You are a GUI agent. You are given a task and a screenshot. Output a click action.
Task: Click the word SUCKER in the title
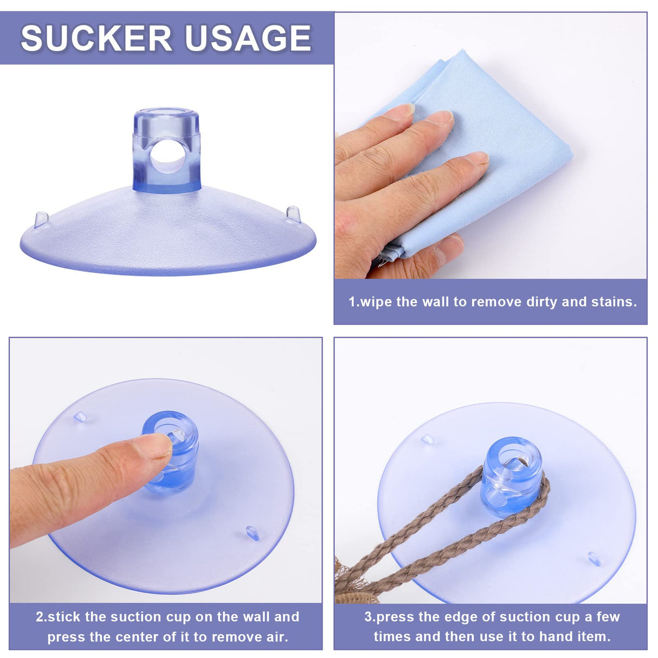pyautogui.click(x=95, y=38)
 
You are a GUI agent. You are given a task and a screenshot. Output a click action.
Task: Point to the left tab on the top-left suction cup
pyautogui.click(x=41, y=219)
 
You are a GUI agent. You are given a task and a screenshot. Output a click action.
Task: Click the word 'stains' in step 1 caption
pyautogui.click(x=617, y=302)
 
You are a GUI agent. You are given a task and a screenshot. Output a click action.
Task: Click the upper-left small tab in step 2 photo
pyautogui.click(x=80, y=417)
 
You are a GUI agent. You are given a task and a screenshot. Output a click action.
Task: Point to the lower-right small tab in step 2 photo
pyautogui.click(x=253, y=532)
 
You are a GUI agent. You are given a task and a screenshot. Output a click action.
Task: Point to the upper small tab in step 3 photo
pyautogui.click(x=428, y=439)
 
